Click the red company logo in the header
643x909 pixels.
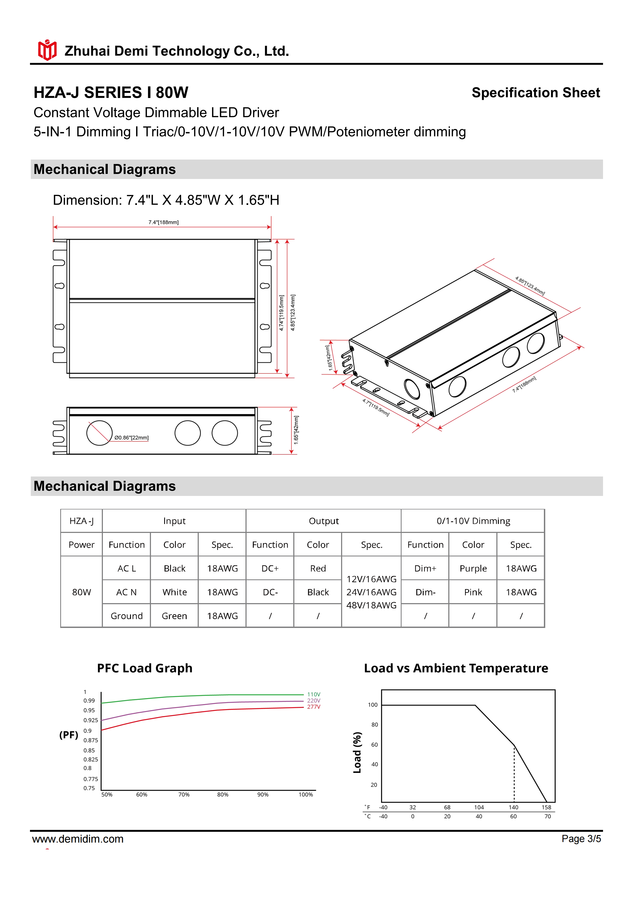[x=47, y=50]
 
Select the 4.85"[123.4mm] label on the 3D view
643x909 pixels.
[x=530, y=286]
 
